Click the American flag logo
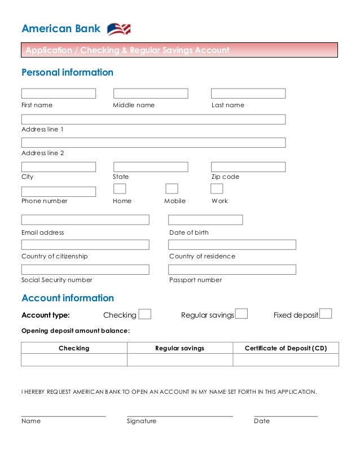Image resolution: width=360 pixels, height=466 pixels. pos(118,29)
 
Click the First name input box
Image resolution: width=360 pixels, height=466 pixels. pos(59,94)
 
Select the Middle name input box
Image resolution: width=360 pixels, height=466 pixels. pos(151,94)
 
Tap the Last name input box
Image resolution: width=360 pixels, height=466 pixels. pos(248,94)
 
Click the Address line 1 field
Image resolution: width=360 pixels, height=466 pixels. pos(153,119)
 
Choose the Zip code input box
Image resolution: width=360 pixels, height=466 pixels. pos(248,167)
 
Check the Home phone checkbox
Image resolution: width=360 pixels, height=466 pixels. pos(120,189)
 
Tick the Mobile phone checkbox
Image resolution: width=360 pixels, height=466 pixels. pos(172,189)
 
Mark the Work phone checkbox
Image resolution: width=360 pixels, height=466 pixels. pos(217,189)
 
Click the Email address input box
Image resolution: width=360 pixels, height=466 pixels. pos(85,220)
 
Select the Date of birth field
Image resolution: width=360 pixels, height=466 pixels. pos(205,220)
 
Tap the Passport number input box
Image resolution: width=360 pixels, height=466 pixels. pos(232,270)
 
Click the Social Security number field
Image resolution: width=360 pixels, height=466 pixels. pos(85,270)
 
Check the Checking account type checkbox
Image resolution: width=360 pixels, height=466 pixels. pos(145,314)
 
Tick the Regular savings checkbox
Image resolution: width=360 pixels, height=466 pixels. pos(242,314)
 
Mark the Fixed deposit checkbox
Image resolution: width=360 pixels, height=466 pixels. pos(326,314)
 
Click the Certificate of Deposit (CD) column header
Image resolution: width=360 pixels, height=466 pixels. pos(286,348)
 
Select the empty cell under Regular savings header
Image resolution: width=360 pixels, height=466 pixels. pos(180,360)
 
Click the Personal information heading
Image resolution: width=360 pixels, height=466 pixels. pos(67,73)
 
